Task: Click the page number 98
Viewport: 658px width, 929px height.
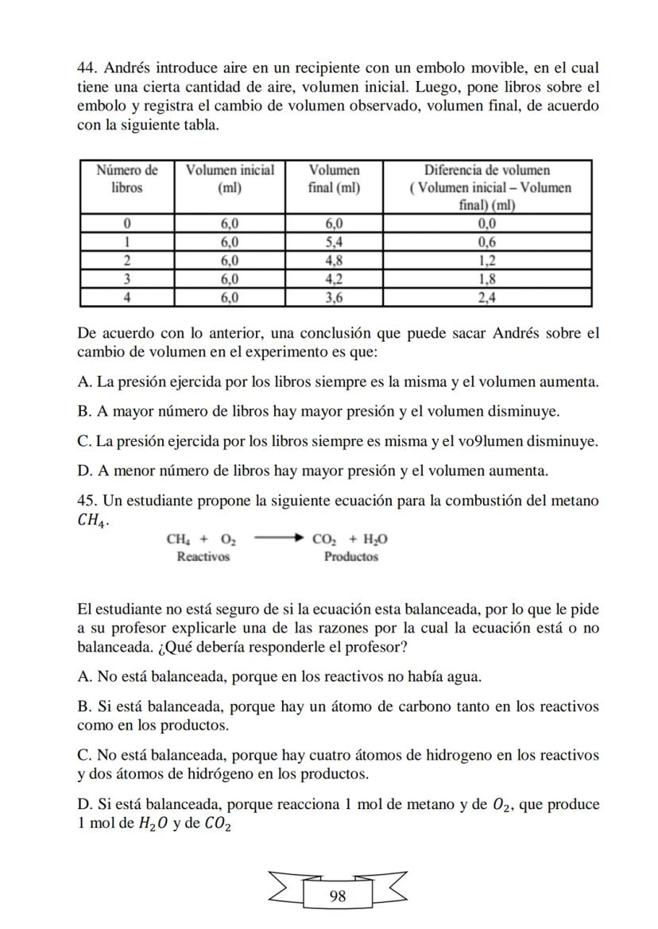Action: click(337, 896)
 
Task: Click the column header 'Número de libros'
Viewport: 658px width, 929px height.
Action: click(127, 179)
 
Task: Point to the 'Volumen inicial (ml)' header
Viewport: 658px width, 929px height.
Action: click(230, 179)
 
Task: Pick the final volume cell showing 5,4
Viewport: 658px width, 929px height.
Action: click(334, 242)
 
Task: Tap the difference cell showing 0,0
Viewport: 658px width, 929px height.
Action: click(487, 223)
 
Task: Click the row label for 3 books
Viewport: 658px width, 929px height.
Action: click(127, 280)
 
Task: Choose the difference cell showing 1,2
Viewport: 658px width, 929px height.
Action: click(487, 261)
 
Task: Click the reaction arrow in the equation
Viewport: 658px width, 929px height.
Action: click(278, 539)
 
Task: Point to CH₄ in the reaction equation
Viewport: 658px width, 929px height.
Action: click(176, 540)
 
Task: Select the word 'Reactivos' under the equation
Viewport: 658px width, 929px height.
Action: click(203, 556)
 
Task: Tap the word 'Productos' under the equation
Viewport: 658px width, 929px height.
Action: click(350, 556)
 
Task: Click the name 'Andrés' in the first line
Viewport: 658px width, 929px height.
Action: click(128, 68)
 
